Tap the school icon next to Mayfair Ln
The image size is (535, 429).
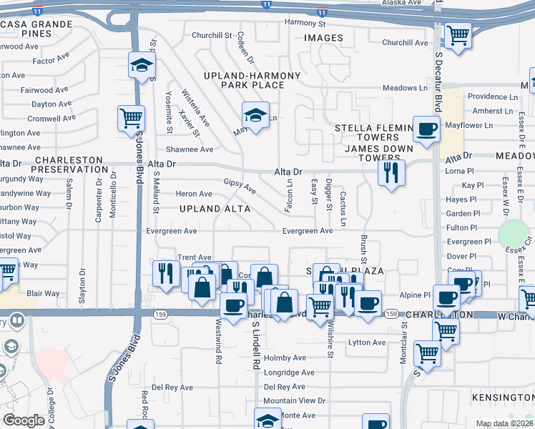pyautogui.click(x=255, y=114)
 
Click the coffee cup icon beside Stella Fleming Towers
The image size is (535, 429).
pyautogui.click(x=427, y=129)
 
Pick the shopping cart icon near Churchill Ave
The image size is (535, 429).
pyautogui.click(x=458, y=34)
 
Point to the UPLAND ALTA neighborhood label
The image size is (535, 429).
pyautogui.click(x=215, y=209)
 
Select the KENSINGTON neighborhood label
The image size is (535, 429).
pyautogui.click(x=503, y=397)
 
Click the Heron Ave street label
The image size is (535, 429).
pyautogui.click(x=194, y=194)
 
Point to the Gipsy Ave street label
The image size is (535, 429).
pyautogui.click(x=240, y=186)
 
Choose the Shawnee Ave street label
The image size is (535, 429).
pyautogui.click(x=190, y=149)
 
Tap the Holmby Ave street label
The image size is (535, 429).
pyautogui.click(x=285, y=358)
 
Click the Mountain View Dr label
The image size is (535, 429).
pyautogui.click(x=294, y=401)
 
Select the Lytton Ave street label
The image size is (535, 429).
pyautogui.click(x=367, y=343)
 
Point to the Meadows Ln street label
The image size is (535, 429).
pyautogui.click(x=405, y=88)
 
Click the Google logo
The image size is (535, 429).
pyautogui.click(x=24, y=420)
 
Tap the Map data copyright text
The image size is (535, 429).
pyautogui.click(x=504, y=423)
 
